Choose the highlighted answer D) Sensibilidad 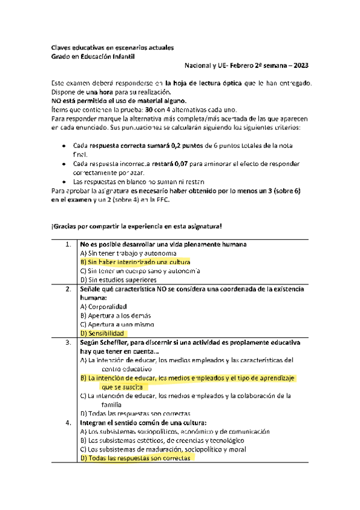(102, 333)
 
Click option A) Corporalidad (104, 306)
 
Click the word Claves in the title (61, 48)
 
